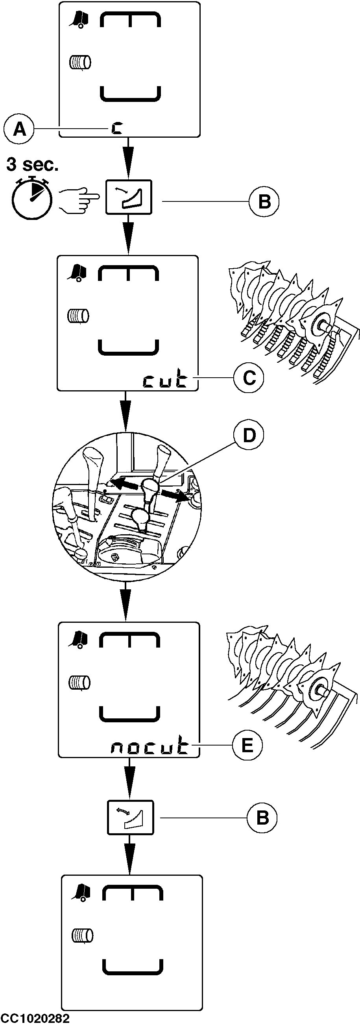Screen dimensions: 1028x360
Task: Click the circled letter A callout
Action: pyautogui.click(x=19, y=129)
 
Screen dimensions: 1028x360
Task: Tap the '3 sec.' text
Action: pyautogui.click(x=32, y=164)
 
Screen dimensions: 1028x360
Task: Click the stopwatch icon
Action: pyautogui.click(x=31, y=198)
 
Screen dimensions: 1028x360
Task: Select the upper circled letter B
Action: pyautogui.click(x=264, y=201)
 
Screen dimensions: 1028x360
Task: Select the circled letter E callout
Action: pyautogui.click(x=247, y=745)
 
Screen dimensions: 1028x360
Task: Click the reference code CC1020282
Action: pyautogui.click(x=35, y=1019)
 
